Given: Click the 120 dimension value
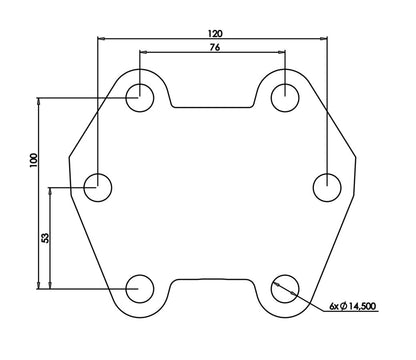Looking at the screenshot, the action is pos(215,33).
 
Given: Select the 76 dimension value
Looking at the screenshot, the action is pos(215,47).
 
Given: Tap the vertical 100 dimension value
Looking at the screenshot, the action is pos(34,160).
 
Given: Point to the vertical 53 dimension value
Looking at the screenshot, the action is pos(45,238).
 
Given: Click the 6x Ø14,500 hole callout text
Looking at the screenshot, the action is pos(353,306).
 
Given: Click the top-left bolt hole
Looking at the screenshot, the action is pos(140,98).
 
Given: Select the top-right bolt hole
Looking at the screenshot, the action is pos(285,98).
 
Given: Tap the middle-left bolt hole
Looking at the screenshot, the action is pos(97,188).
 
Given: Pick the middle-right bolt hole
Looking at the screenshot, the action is pos(327,188).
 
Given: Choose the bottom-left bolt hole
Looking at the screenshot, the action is pos(140,289).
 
